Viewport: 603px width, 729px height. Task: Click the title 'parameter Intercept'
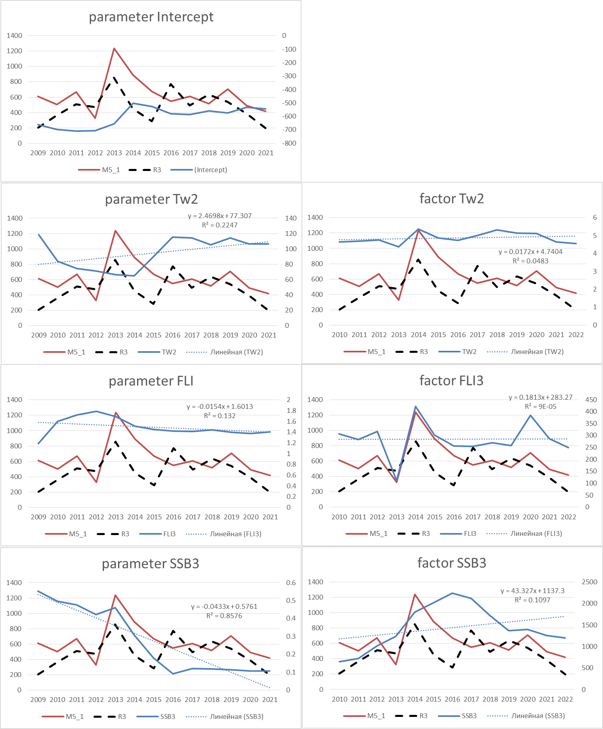151,17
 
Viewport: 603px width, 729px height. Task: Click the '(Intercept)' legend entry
210,170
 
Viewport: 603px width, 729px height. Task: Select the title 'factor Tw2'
451,199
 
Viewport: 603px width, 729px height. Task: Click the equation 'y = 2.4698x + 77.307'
220,216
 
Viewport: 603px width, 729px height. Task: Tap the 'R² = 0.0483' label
530,261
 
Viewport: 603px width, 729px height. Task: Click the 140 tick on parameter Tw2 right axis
291,218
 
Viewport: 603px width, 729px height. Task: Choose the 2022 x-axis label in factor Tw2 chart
576,335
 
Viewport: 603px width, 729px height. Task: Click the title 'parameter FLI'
151,381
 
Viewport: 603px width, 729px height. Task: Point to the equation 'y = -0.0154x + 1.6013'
220,406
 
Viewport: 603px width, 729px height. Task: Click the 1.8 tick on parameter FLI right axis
291,410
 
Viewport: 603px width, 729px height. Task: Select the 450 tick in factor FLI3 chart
591,400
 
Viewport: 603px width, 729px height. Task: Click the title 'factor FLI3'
451,381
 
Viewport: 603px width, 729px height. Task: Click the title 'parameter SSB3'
150,564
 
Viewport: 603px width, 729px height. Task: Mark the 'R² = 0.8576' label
224,616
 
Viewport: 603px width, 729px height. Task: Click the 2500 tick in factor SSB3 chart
589,582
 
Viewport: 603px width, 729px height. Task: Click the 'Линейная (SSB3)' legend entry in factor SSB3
538,716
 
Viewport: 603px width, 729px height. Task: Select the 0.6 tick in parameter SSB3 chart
291,583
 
